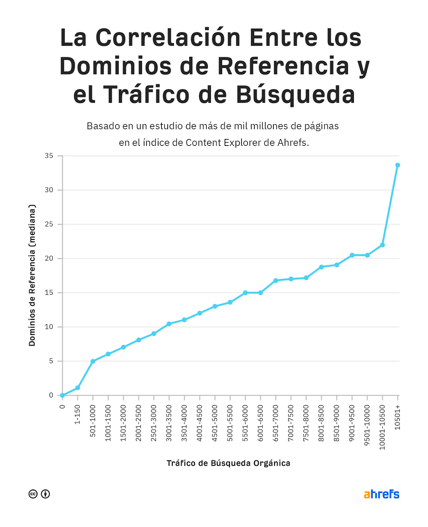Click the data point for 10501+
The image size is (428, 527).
click(x=397, y=165)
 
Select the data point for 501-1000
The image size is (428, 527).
click(x=93, y=361)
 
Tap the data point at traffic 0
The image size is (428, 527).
click(x=62, y=395)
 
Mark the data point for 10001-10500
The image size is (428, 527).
click(x=382, y=245)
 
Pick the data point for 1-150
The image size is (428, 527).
click(x=78, y=388)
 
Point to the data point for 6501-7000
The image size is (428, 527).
click(x=276, y=281)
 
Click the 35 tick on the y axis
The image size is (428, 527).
click(x=49, y=156)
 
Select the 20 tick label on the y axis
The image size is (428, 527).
click(x=49, y=259)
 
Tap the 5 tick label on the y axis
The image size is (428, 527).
click(x=51, y=361)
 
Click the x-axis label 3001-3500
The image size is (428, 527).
click(x=169, y=423)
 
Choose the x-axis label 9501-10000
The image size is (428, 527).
click(x=367, y=425)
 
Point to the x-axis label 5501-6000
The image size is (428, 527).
click(x=245, y=423)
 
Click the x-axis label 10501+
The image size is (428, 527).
click(x=397, y=418)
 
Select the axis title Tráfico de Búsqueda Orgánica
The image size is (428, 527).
click(x=228, y=463)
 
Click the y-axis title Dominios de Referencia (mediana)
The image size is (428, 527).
click(x=32, y=275)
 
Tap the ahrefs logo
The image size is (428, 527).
click(x=381, y=494)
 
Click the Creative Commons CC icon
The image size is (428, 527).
click(x=33, y=494)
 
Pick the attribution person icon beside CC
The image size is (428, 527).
click(x=45, y=494)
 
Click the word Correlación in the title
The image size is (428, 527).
click(x=168, y=38)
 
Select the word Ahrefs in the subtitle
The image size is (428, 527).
click(x=293, y=143)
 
